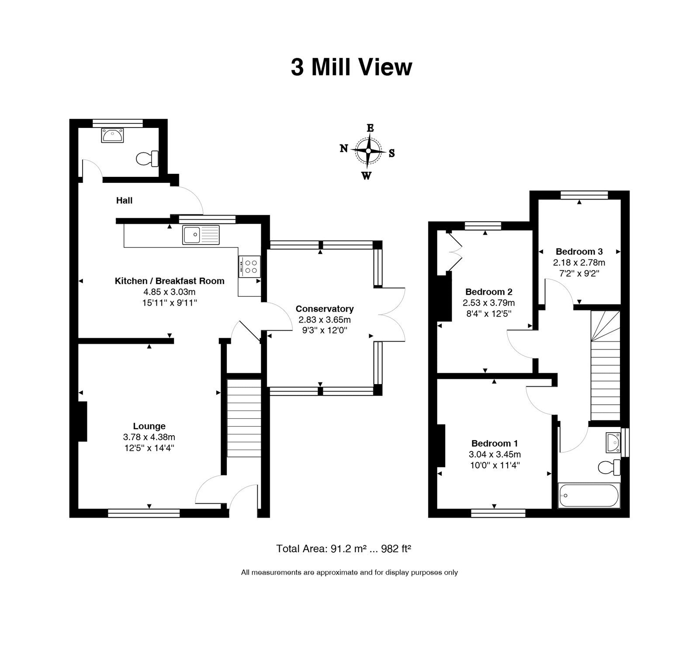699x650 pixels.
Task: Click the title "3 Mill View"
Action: click(x=352, y=68)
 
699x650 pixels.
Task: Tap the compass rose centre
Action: click(x=368, y=151)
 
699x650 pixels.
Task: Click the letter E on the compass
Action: click(x=370, y=128)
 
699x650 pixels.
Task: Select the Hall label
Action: click(x=124, y=200)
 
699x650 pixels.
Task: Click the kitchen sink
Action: click(x=201, y=234)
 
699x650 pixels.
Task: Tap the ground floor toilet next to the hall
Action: click(x=148, y=158)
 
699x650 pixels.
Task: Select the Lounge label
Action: click(x=149, y=426)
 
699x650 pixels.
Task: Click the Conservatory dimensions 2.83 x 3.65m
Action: click(x=324, y=320)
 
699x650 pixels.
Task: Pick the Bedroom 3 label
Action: click(x=579, y=251)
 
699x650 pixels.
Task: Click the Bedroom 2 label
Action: click(x=489, y=292)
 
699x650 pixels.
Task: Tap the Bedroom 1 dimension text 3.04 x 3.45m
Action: click(x=495, y=454)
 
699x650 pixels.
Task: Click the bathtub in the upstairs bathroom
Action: click(x=589, y=495)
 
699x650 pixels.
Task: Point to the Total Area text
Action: click(x=344, y=549)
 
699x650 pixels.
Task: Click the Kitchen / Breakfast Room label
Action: click(x=170, y=281)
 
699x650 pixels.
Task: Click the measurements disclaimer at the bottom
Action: click(x=349, y=572)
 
